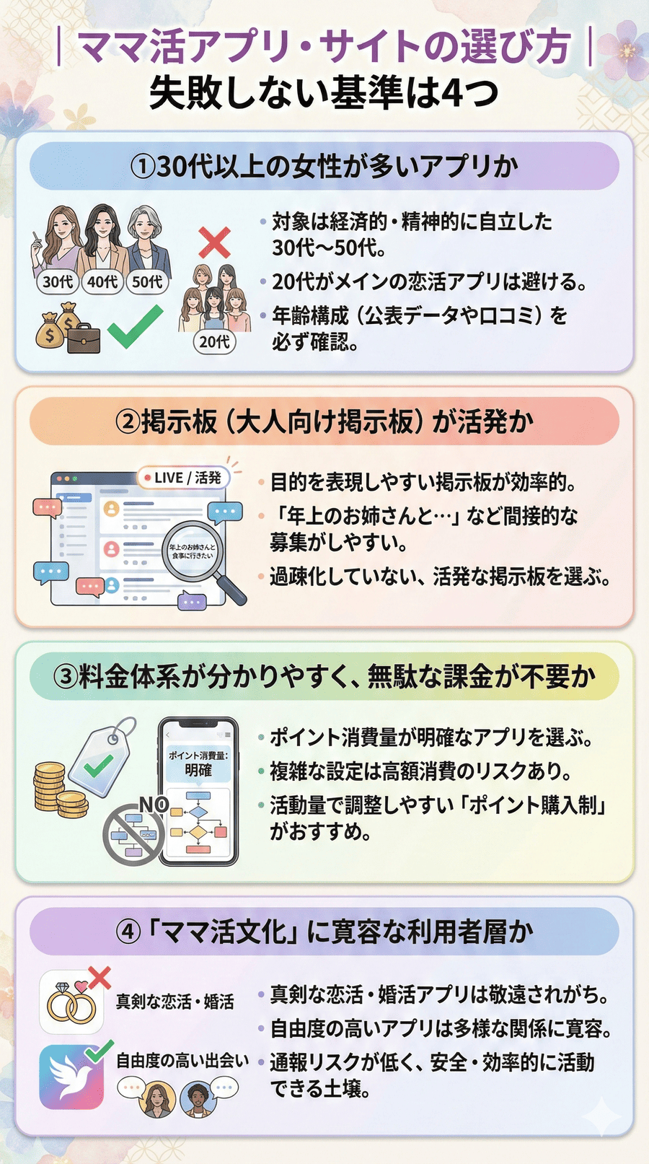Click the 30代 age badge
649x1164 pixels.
tap(58, 281)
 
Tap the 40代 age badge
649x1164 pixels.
tap(102, 281)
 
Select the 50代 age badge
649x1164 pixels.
tap(147, 281)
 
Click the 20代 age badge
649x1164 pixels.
tap(214, 341)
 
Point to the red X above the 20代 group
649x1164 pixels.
tap(214, 242)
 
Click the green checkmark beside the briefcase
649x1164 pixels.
tap(135, 327)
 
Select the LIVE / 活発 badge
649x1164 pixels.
tap(183, 478)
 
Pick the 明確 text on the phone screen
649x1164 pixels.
tap(198, 771)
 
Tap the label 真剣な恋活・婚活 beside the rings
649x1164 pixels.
tap(175, 1002)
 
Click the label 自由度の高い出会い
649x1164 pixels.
tap(182, 1060)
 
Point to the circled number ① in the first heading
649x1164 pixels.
tap(142, 167)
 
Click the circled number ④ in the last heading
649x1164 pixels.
tap(128, 932)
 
